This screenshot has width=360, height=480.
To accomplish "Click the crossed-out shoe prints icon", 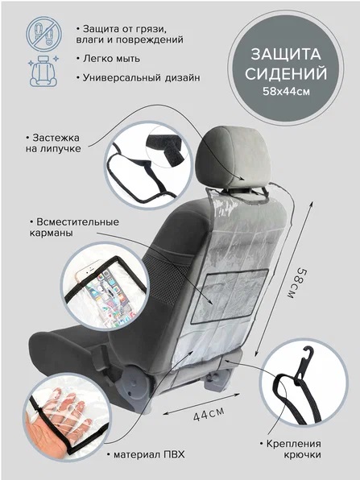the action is click(43, 34).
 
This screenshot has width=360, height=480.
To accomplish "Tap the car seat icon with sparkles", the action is click(43, 71).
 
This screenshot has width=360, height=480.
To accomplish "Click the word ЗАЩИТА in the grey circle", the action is click(286, 54).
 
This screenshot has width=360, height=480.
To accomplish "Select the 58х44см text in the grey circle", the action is click(286, 91).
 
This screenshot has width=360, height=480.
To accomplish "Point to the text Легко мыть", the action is click(108, 59).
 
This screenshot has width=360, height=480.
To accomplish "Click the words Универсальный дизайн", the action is click(138, 77).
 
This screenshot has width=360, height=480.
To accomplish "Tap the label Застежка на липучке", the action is click(52, 143).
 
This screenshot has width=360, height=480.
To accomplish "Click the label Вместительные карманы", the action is click(74, 227).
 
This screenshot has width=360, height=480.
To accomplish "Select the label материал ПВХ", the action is click(146, 454).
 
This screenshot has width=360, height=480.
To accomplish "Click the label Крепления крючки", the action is click(290, 449).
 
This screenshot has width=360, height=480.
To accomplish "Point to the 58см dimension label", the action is click(296, 283).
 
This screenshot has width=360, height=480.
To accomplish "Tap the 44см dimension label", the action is click(209, 414).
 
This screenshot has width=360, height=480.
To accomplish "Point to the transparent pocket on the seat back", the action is click(230, 296).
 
